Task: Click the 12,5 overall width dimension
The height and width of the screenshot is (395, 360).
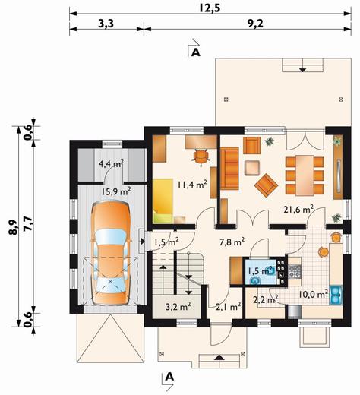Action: (210, 8)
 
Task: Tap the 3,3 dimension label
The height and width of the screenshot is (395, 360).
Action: (106, 24)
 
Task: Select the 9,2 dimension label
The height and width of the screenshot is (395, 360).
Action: (255, 24)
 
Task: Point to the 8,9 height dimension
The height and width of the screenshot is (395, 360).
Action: (13, 227)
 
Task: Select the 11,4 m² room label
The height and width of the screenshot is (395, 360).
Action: (192, 185)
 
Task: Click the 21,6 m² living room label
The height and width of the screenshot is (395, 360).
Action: (298, 210)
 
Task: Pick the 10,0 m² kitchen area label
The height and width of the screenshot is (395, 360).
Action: (314, 294)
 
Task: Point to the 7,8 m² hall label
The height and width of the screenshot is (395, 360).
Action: (232, 242)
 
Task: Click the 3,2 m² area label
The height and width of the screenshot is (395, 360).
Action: (178, 307)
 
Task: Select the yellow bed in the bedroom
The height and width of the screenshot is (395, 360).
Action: (163, 201)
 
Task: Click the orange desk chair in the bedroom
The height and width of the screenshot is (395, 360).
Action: (201, 157)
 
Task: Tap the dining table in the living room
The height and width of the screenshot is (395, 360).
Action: (305, 175)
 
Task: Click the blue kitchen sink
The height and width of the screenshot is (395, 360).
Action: (336, 295)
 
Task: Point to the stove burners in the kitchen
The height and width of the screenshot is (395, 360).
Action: (294, 271)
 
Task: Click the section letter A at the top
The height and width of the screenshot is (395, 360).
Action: (196, 52)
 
